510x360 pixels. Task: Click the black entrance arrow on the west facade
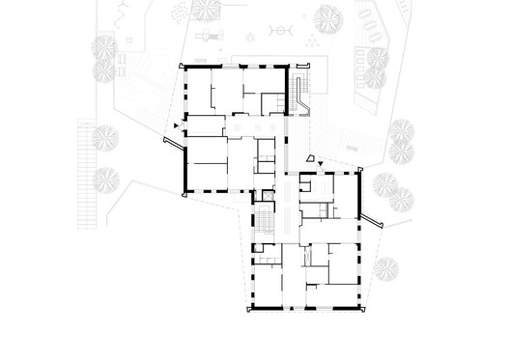[175, 126]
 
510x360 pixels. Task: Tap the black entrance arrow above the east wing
[321, 166]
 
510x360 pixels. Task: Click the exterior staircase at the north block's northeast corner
[301, 92]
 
